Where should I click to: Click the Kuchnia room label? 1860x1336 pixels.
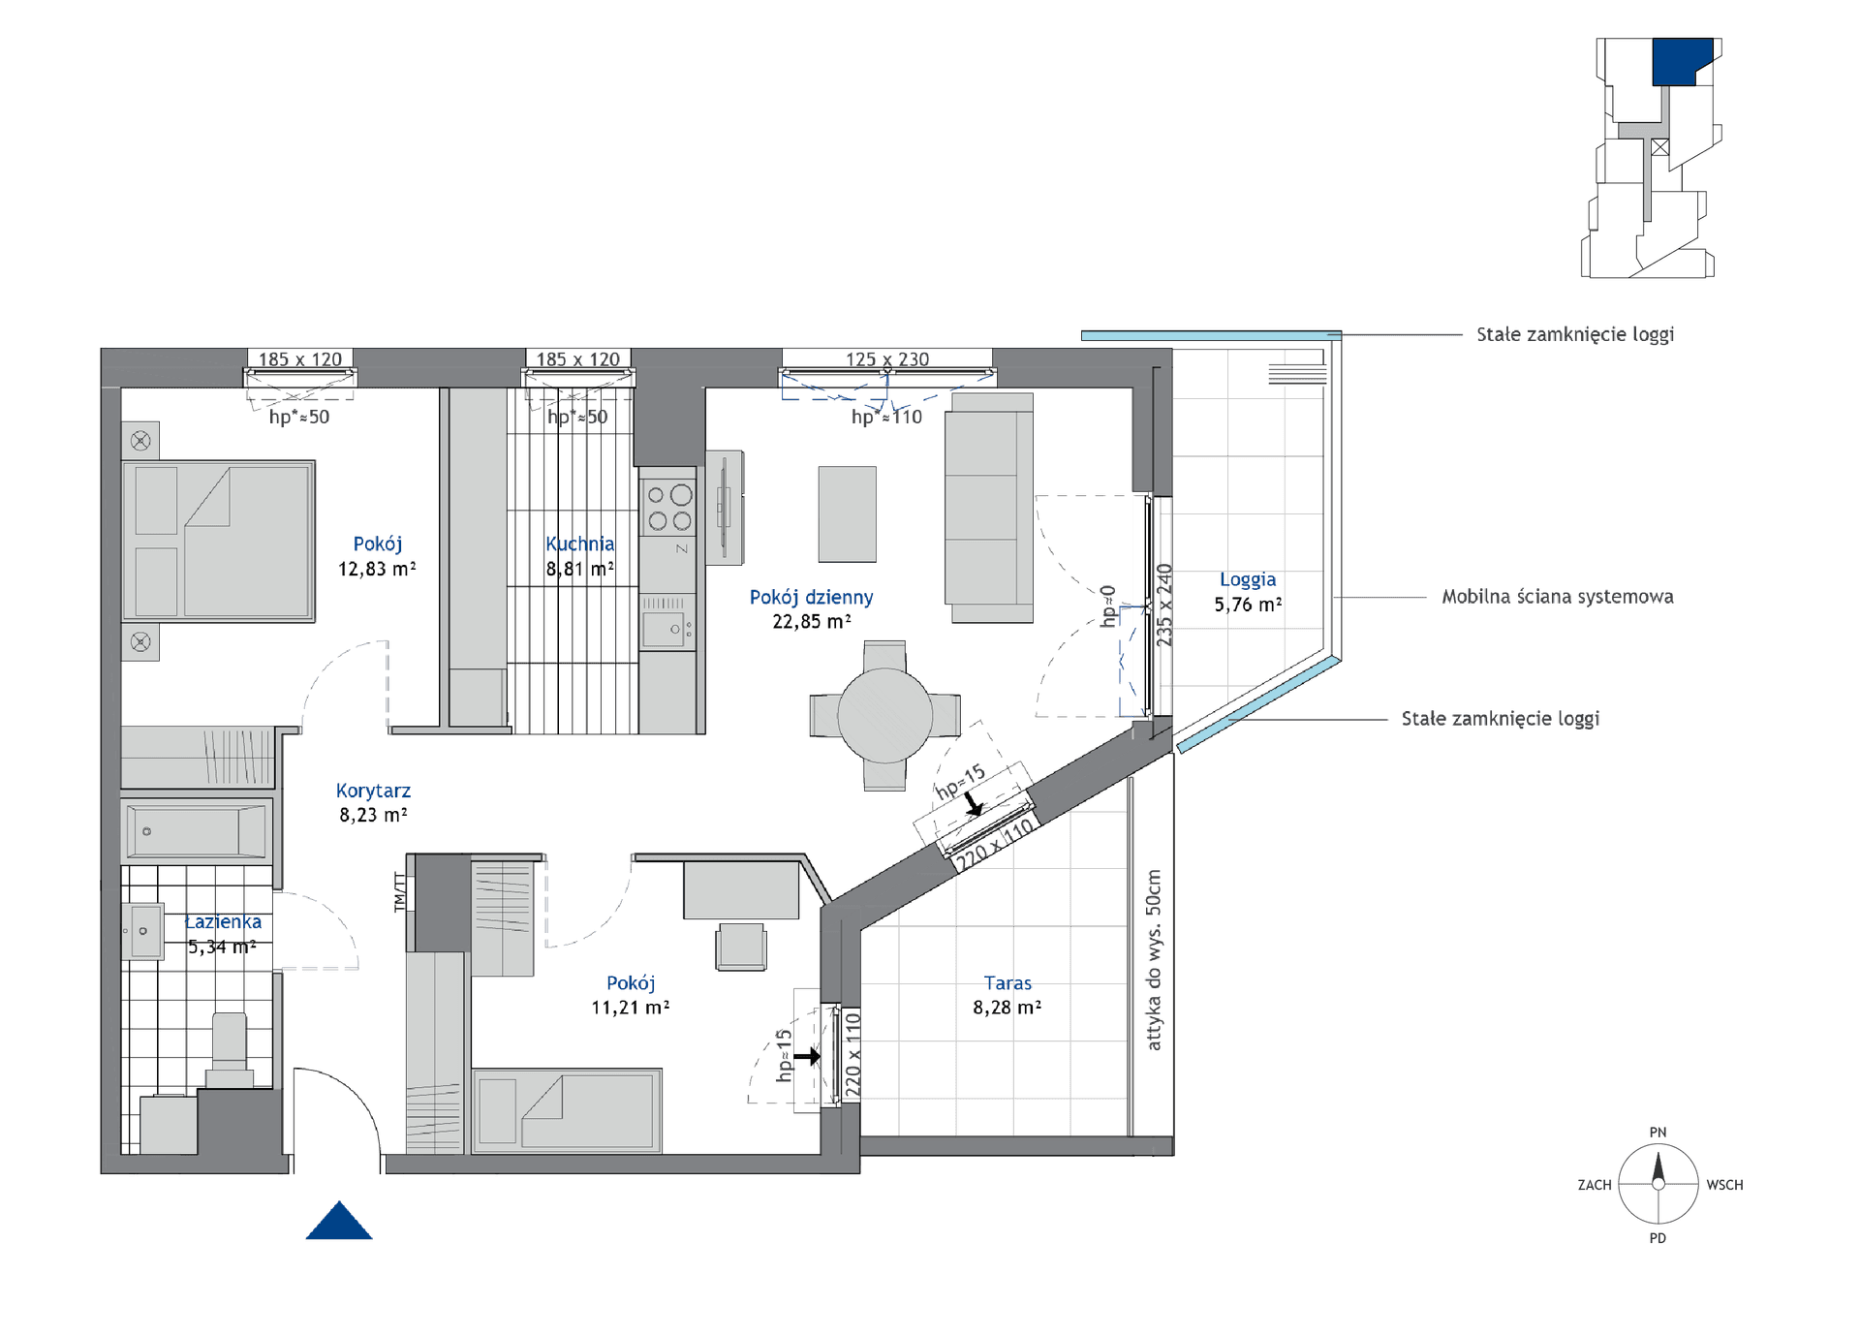pos(579,544)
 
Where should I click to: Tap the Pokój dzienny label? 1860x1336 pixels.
pos(811,598)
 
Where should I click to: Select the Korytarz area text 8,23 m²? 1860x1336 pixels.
pos(373,816)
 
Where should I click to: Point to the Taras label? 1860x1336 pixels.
pos(1007,982)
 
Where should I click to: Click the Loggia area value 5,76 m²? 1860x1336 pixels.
pos(1248,605)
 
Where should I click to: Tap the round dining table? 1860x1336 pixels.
pos(884,715)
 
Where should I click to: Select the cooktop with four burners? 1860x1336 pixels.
pos(669,508)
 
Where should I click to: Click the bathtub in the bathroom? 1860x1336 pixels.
pos(197,830)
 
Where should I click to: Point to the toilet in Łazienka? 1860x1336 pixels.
pos(230,1049)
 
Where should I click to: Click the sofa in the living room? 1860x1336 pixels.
pos(989,508)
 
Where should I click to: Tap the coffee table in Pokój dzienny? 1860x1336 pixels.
pos(847,514)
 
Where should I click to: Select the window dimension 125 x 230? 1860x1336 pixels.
pos(886,359)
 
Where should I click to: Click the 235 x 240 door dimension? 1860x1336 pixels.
pos(1164,605)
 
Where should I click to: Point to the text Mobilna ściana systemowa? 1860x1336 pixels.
pos(1557,597)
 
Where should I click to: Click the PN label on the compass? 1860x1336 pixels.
pos(1658,1132)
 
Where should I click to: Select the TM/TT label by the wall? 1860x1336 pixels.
pos(399,892)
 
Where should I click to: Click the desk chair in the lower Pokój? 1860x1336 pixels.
pos(741,947)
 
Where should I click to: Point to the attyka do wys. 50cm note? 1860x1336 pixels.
pos(1153,959)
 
